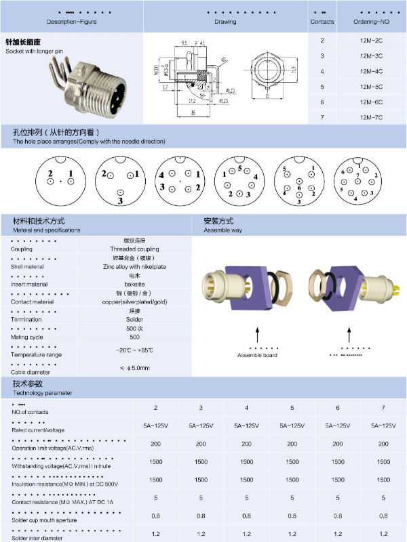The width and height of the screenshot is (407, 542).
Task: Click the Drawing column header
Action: pyautogui.click(x=225, y=22)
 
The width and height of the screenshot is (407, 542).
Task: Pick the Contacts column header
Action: pyautogui.click(x=322, y=22)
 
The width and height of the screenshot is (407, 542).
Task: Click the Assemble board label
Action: pyautogui.click(x=257, y=355)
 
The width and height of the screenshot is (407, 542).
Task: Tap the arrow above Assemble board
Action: pyautogui.click(x=258, y=336)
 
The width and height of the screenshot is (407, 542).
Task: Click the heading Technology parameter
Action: pyautogui.click(x=42, y=392)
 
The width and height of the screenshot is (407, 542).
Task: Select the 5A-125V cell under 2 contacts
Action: pyautogui.click(x=156, y=425)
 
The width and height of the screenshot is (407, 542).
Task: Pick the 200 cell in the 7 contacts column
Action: pyautogui.click(x=383, y=444)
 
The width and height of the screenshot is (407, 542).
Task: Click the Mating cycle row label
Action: pyautogui.click(x=28, y=337)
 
